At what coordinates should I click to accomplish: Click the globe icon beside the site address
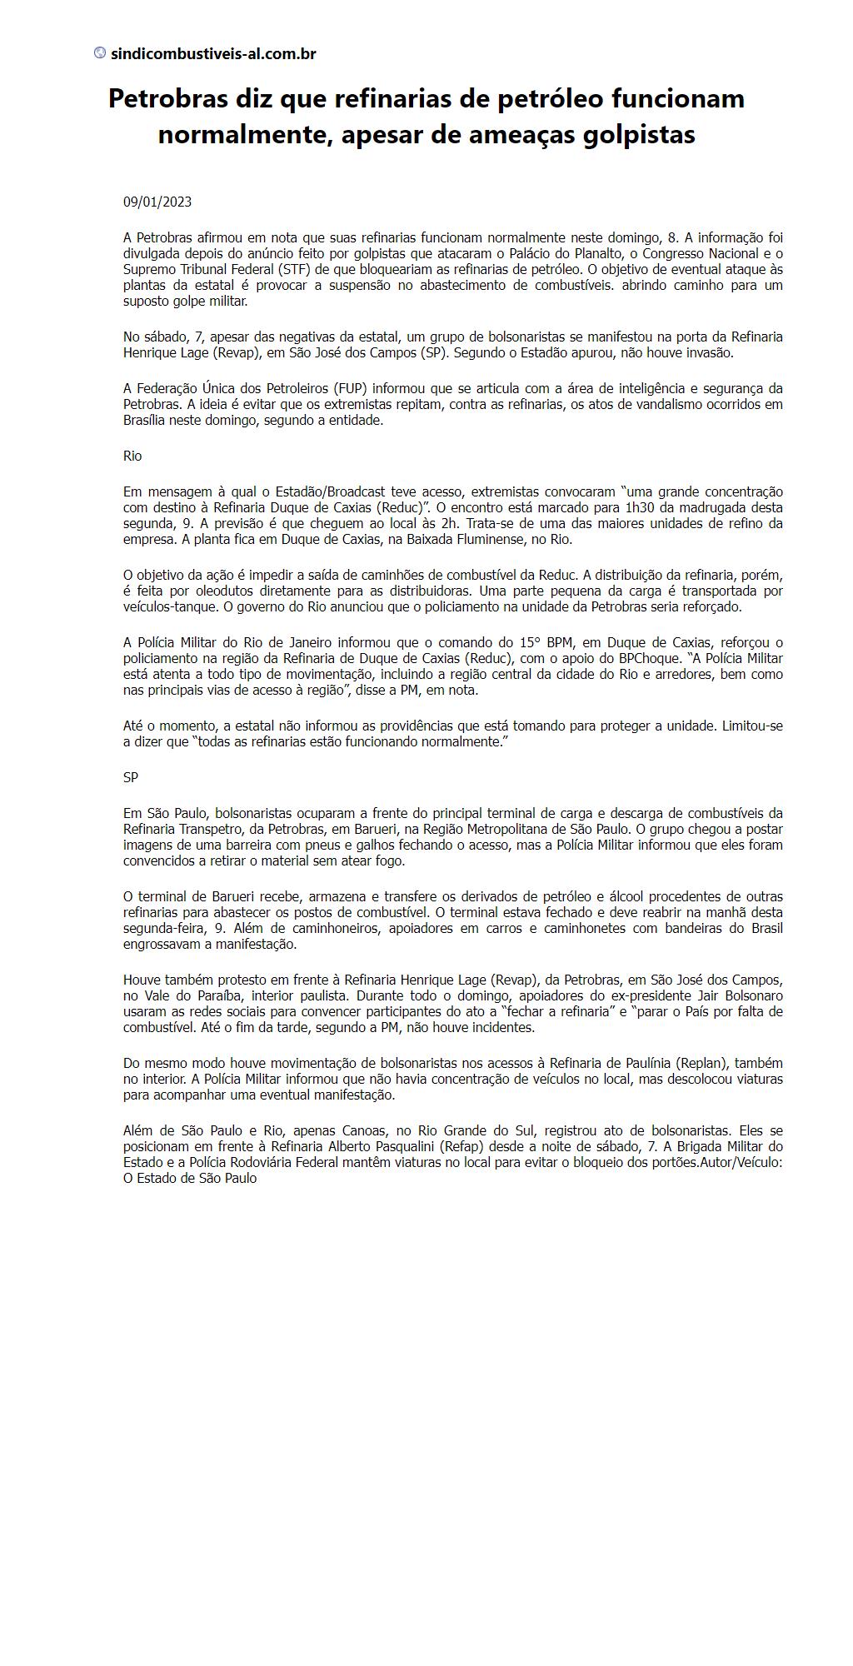[100, 53]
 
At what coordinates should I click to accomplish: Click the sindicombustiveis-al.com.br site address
[213, 54]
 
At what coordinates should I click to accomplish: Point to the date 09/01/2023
[157, 202]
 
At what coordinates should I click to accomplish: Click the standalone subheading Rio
[132, 456]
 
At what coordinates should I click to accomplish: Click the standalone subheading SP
[131, 777]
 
